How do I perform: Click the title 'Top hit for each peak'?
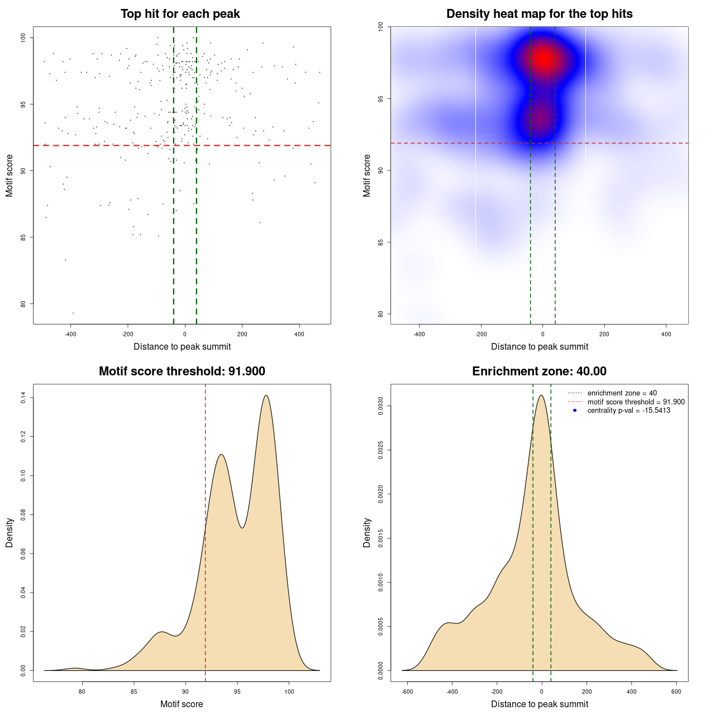click(x=180, y=14)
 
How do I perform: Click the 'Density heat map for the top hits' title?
click(x=539, y=14)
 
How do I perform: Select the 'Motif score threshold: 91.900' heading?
click(x=182, y=371)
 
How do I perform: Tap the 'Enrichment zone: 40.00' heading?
click(x=539, y=371)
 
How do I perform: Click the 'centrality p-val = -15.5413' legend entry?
click(x=628, y=411)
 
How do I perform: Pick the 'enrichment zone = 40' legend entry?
click(x=622, y=393)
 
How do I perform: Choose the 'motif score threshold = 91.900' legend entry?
click(x=636, y=402)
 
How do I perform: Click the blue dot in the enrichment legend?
click(x=575, y=411)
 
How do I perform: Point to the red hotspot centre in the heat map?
click(x=542, y=58)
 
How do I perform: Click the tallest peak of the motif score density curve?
click(x=266, y=395)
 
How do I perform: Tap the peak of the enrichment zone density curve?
click(x=541, y=395)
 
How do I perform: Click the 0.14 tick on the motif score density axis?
click(x=23, y=398)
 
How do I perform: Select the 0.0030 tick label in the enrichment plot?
click(x=380, y=406)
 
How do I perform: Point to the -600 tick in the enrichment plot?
click(x=407, y=692)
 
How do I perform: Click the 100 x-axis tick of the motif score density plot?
click(x=289, y=692)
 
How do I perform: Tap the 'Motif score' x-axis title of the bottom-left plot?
click(x=182, y=704)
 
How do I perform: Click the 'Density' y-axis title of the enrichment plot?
click(x=367, y=532)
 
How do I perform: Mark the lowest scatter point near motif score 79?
click(x=73, y=313)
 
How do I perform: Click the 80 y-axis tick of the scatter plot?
click(x=23, y=304)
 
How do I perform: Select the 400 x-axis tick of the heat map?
click(x=666, y=334)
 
